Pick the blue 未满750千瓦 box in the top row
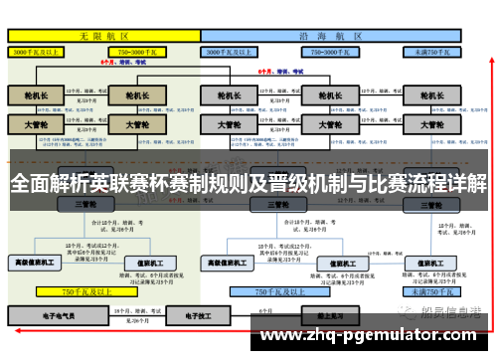pyautogui.click(x=428, y=50)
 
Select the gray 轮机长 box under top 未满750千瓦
pyautogui.click(x=430, y=96)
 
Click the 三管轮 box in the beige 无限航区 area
pyautogui.click(x=84, y=204)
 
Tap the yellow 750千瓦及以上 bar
pyautogui.click(x=84, y=292)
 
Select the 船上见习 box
pyautogui.click(x=329, y=316)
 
